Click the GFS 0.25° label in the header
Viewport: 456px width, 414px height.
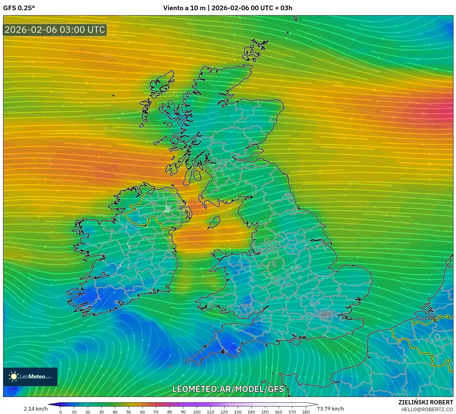pos(19,8)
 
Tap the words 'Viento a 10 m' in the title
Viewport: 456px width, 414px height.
pos(184,8)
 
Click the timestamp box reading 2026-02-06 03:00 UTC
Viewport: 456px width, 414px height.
pos(55,30)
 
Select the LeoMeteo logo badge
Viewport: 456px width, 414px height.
pos(30,377)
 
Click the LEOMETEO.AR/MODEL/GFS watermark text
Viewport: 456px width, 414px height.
pos(228,389)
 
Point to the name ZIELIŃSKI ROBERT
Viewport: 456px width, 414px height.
pos(426,402)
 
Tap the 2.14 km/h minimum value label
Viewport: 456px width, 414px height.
pos(36,409)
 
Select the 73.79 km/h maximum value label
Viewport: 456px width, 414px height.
pos(330,409)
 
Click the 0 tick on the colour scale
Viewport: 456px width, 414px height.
pos(61,412)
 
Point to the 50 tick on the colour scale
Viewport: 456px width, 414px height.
pos(129,412)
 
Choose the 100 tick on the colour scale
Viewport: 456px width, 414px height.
pos(197,412)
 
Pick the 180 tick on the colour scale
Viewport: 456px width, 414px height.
pos(306,412)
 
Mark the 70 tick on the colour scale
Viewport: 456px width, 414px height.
pos(156,412)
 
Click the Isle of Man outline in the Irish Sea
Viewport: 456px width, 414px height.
pos(213,222)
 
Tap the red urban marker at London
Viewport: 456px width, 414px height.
pos(325,315)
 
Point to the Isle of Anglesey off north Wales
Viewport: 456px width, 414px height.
pos(219,256)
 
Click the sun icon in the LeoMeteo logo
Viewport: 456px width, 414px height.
pos(14,377)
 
